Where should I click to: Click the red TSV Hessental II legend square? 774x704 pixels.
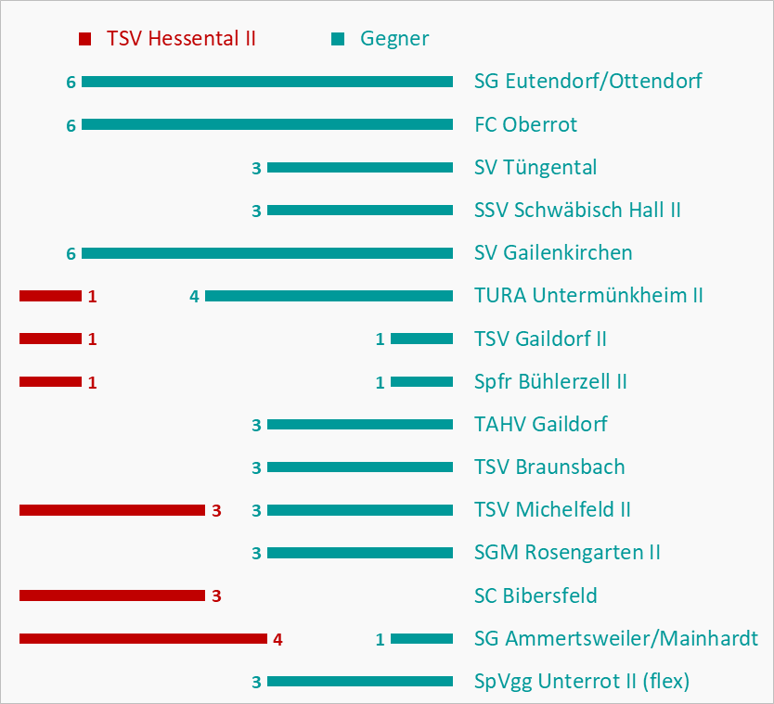point(85,39)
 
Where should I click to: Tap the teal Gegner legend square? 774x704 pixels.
point(338,39)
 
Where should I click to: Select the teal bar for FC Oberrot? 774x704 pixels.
point(267,124)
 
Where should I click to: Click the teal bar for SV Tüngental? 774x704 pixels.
point(360,168)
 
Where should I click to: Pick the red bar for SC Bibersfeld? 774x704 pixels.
point(111,595)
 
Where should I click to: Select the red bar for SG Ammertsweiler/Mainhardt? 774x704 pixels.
point(143,638)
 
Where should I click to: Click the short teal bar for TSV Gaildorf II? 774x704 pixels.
point(421,339)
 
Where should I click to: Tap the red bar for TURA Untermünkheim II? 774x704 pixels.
point(50,296)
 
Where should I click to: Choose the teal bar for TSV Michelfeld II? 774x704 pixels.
point(360,510)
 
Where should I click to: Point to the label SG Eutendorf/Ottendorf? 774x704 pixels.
point(587,82)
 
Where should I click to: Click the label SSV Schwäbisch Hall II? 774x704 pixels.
point(577,211)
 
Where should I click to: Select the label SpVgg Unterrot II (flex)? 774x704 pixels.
point(582,682)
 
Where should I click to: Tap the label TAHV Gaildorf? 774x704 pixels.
point(541,425)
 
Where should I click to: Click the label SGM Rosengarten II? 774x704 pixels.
point(567,553)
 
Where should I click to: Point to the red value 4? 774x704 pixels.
point(277,639)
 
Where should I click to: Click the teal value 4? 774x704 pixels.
point(194,297)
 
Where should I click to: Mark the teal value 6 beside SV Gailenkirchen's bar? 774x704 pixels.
point(71,253)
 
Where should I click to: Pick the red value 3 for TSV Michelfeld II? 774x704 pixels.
point(216,511)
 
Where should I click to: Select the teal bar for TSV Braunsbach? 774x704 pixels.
point(360,467)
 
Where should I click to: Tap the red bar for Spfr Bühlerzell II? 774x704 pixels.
point(50,381)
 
